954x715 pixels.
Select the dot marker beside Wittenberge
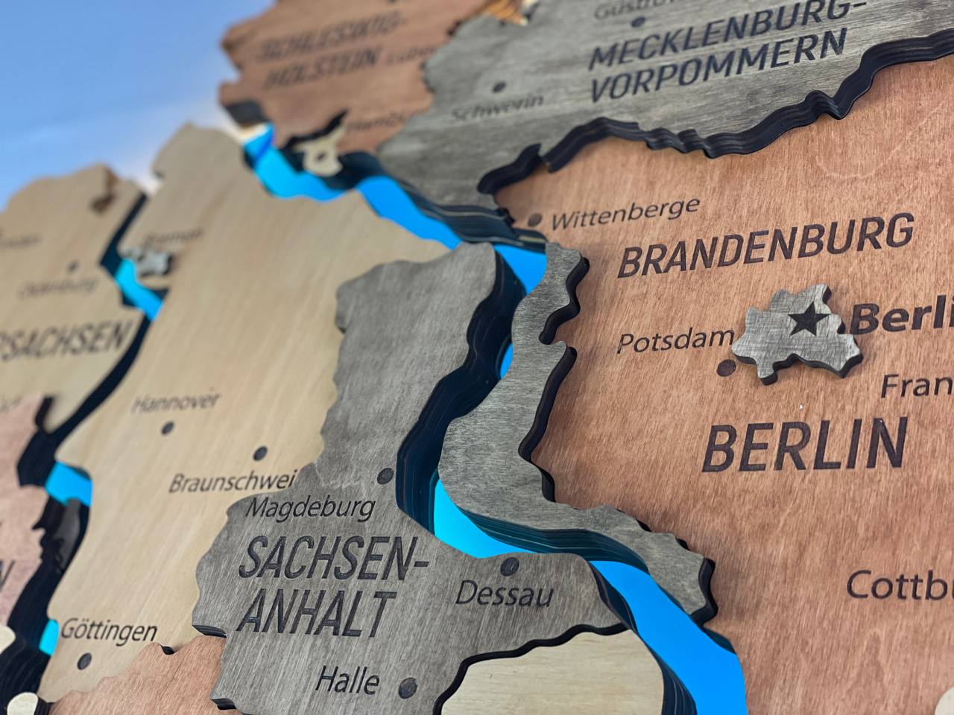coord(534,220)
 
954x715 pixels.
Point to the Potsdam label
coord(675,340)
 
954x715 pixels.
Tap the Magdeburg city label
coord(309,509)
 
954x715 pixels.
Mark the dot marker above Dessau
coord(509,565)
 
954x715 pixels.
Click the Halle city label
coord(347,679)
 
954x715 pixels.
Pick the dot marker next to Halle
coord(407,686)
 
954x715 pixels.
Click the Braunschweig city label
coord(233,480)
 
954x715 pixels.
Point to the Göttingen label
coord(109,630)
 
